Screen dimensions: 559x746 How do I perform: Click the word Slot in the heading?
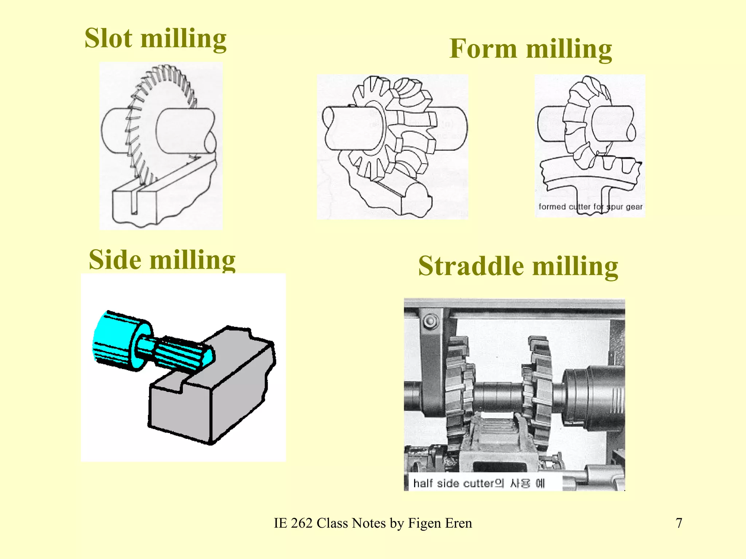(108, 39)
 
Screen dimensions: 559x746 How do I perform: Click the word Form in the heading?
(483, 49)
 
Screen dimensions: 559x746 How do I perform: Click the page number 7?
(679, 523)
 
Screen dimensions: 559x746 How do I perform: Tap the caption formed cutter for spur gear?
(590, 207)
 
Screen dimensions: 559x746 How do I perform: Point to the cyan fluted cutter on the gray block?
(182, 353)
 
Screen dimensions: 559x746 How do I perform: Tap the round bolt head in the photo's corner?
(431, 321)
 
